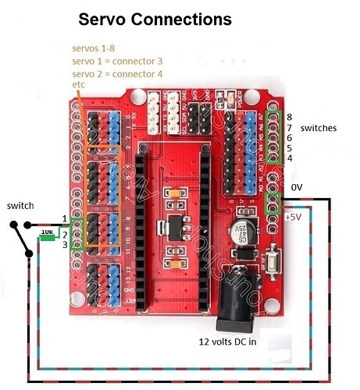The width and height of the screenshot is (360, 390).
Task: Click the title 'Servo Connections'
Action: (155, 19)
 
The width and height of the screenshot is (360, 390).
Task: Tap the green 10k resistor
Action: (47, 232)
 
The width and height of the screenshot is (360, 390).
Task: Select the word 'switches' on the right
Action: (318, 127)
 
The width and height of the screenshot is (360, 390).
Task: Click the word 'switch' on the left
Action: (20, 204)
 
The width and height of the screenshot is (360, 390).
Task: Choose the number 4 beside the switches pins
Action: (289, 158)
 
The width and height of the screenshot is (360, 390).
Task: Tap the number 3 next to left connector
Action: (65, 245)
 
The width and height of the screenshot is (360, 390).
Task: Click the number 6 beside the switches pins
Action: (289, 136)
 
